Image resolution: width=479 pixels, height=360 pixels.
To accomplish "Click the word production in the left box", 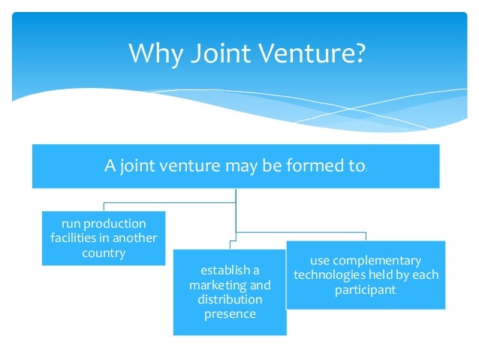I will click(115, 224).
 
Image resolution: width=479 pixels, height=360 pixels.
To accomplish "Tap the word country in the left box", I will click(104, 253).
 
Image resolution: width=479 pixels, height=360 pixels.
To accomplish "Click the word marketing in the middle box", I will click(214, 285).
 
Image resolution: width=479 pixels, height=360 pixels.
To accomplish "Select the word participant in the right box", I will click(365, 289).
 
